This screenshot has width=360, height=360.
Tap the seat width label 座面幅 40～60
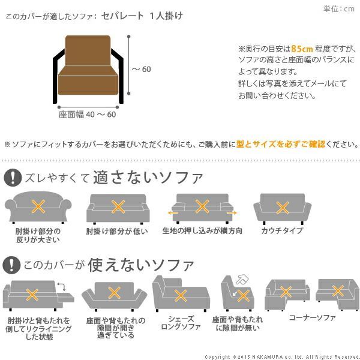click(87, 115)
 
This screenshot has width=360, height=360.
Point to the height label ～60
click(142, 69)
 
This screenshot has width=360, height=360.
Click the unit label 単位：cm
click(339, 8)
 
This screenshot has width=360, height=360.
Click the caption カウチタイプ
click(281, 231)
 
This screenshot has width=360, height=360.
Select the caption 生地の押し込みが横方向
click(202, 230)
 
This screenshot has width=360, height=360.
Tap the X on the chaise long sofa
click(179, 295)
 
